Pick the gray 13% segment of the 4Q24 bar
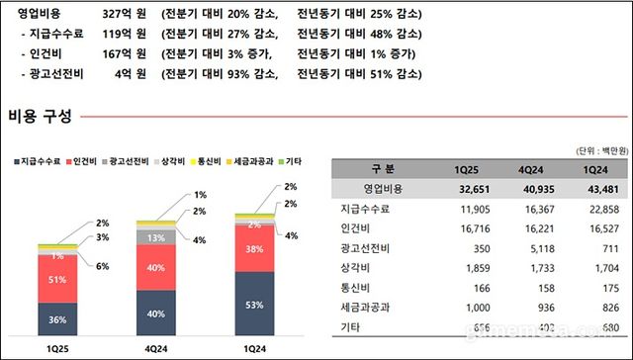coord(156,237)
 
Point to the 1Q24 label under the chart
coord(255,349)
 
